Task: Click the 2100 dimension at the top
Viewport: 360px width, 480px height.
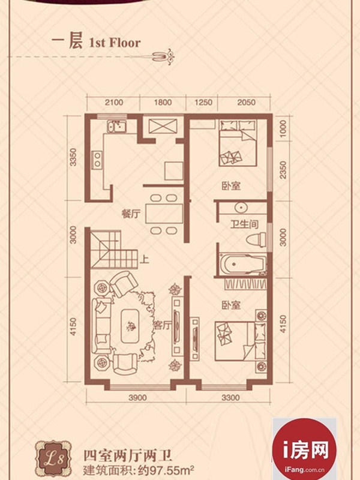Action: [x=114, y=102]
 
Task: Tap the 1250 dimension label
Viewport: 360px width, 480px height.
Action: [x=203, y=102]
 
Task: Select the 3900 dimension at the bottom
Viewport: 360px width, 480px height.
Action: [x=137, y=398]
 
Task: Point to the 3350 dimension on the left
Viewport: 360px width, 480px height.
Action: [x=73, y=157]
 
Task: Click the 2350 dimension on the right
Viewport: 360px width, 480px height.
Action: [x=283, y=170]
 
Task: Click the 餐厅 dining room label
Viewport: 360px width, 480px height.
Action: [x=131, y=214]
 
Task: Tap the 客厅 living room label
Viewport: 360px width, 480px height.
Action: [x=162, y=326]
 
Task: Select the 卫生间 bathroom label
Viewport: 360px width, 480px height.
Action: [x=244, y=225]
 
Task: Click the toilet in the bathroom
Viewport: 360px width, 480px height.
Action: [x=256, y=239]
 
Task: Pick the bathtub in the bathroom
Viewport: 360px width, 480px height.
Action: [x=244, y=263]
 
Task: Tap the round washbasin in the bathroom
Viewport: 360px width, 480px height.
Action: [x=241, y=208]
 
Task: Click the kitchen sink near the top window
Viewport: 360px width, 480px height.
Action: [x=116, y=127]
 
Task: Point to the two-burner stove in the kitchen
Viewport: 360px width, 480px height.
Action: [x=97, y=159]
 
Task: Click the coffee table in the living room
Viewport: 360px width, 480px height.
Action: [x=132, y=326]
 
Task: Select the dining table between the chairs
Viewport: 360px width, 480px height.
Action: [x=164, y=214]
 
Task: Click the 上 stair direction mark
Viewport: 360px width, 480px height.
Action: [x=144, y=259]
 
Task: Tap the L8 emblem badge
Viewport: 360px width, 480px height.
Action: [x=53, y=459]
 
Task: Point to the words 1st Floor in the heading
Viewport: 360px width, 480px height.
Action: [x=115, y=43]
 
